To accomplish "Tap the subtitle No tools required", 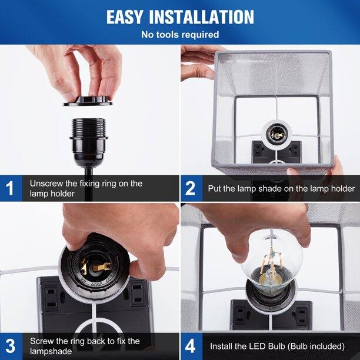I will [x=180, y=35].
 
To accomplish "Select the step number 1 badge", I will [x=10, y=189].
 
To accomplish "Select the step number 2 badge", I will [x=190, y=189].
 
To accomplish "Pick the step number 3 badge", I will [x=10, y=345].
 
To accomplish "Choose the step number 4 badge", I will [x=190, y=345].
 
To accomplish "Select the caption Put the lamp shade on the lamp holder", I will [x=281, y=189].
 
